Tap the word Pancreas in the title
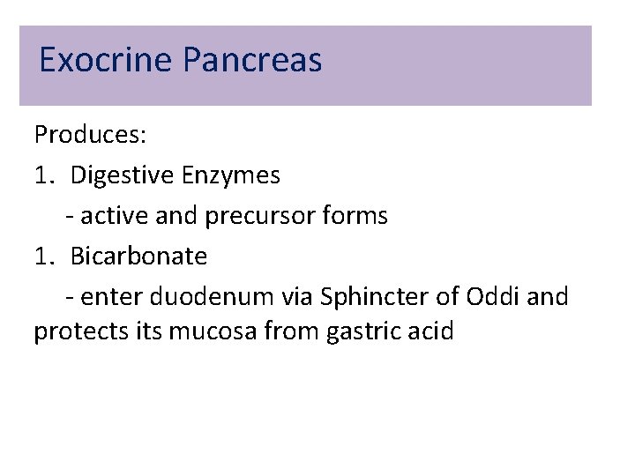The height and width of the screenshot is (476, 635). point(253,61)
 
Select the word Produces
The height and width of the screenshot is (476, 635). point(90,135)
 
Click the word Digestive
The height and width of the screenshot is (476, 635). point(122,175)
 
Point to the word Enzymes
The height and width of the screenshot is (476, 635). point(231,175)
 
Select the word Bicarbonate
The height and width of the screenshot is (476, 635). point(138,257)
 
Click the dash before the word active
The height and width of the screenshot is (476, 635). point(70,217)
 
